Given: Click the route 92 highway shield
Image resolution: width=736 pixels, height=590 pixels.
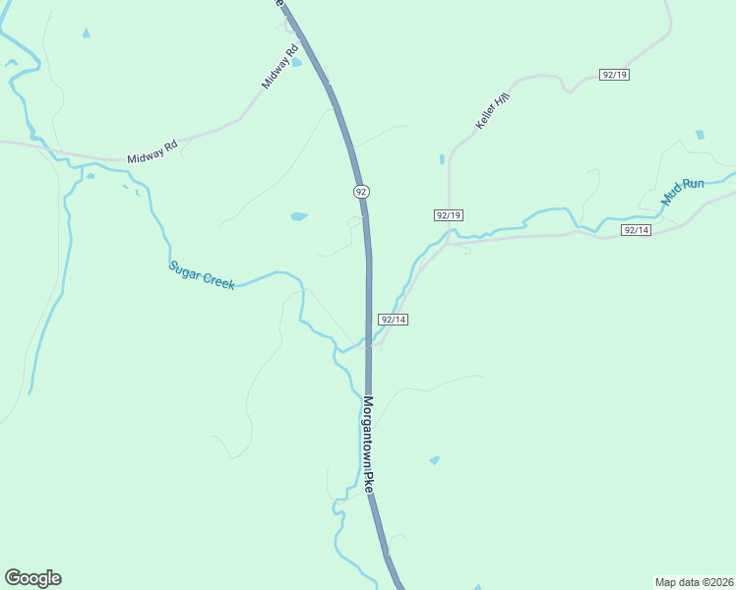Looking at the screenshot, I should point(362,191).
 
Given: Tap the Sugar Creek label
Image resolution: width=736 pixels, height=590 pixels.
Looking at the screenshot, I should point(201,274).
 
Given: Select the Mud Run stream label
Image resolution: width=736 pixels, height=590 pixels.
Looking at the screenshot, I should point(683,191).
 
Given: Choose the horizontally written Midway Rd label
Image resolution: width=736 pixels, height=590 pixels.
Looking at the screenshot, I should point(152,152).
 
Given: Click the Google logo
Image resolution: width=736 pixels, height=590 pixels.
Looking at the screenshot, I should point(32,577).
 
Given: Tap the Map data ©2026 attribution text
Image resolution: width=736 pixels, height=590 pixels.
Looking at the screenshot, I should point(693,581).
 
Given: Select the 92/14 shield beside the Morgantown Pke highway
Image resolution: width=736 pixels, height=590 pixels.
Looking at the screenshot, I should point(393,320).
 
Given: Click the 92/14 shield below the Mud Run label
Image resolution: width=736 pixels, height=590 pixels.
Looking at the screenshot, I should point(637,230).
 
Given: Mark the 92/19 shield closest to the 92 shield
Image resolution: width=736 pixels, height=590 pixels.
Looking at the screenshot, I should point(448,215).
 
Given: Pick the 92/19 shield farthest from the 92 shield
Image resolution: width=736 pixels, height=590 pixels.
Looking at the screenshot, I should point(614,75).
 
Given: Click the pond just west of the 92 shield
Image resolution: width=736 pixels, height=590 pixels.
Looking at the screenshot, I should point(299,215).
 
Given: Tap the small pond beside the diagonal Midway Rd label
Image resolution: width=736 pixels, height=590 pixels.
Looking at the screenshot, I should point(296,63).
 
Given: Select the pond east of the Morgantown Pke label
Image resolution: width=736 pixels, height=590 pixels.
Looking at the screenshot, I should point(434,459).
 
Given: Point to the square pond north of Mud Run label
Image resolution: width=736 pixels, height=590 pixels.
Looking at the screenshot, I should point(700,135).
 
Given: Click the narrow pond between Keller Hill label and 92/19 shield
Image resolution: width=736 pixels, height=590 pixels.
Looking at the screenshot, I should point(442,158).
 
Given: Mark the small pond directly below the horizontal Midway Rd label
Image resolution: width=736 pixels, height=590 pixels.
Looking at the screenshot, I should point(90,177).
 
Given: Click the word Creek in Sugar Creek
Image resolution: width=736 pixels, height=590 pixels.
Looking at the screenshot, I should point(217,280).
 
